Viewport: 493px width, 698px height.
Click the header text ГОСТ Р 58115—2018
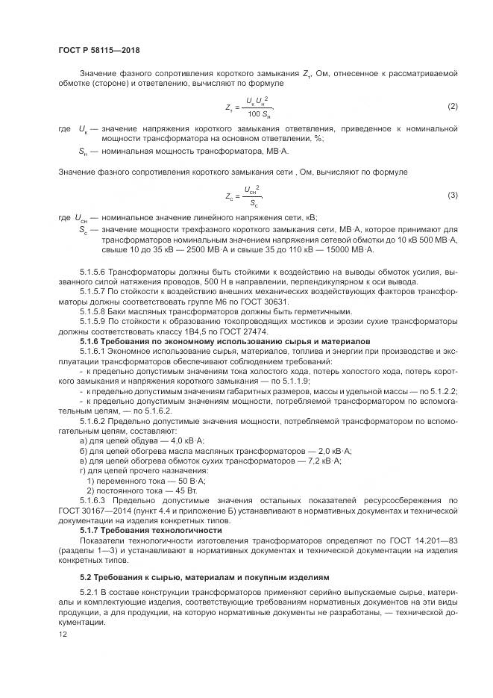[98, 51]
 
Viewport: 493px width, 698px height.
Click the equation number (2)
[452, 107]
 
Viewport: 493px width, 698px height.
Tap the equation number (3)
[452, 195]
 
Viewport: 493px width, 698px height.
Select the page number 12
[62, 634]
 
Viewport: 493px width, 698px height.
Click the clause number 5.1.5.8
[95, 311]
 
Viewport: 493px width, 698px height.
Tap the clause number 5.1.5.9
[95, 321]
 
